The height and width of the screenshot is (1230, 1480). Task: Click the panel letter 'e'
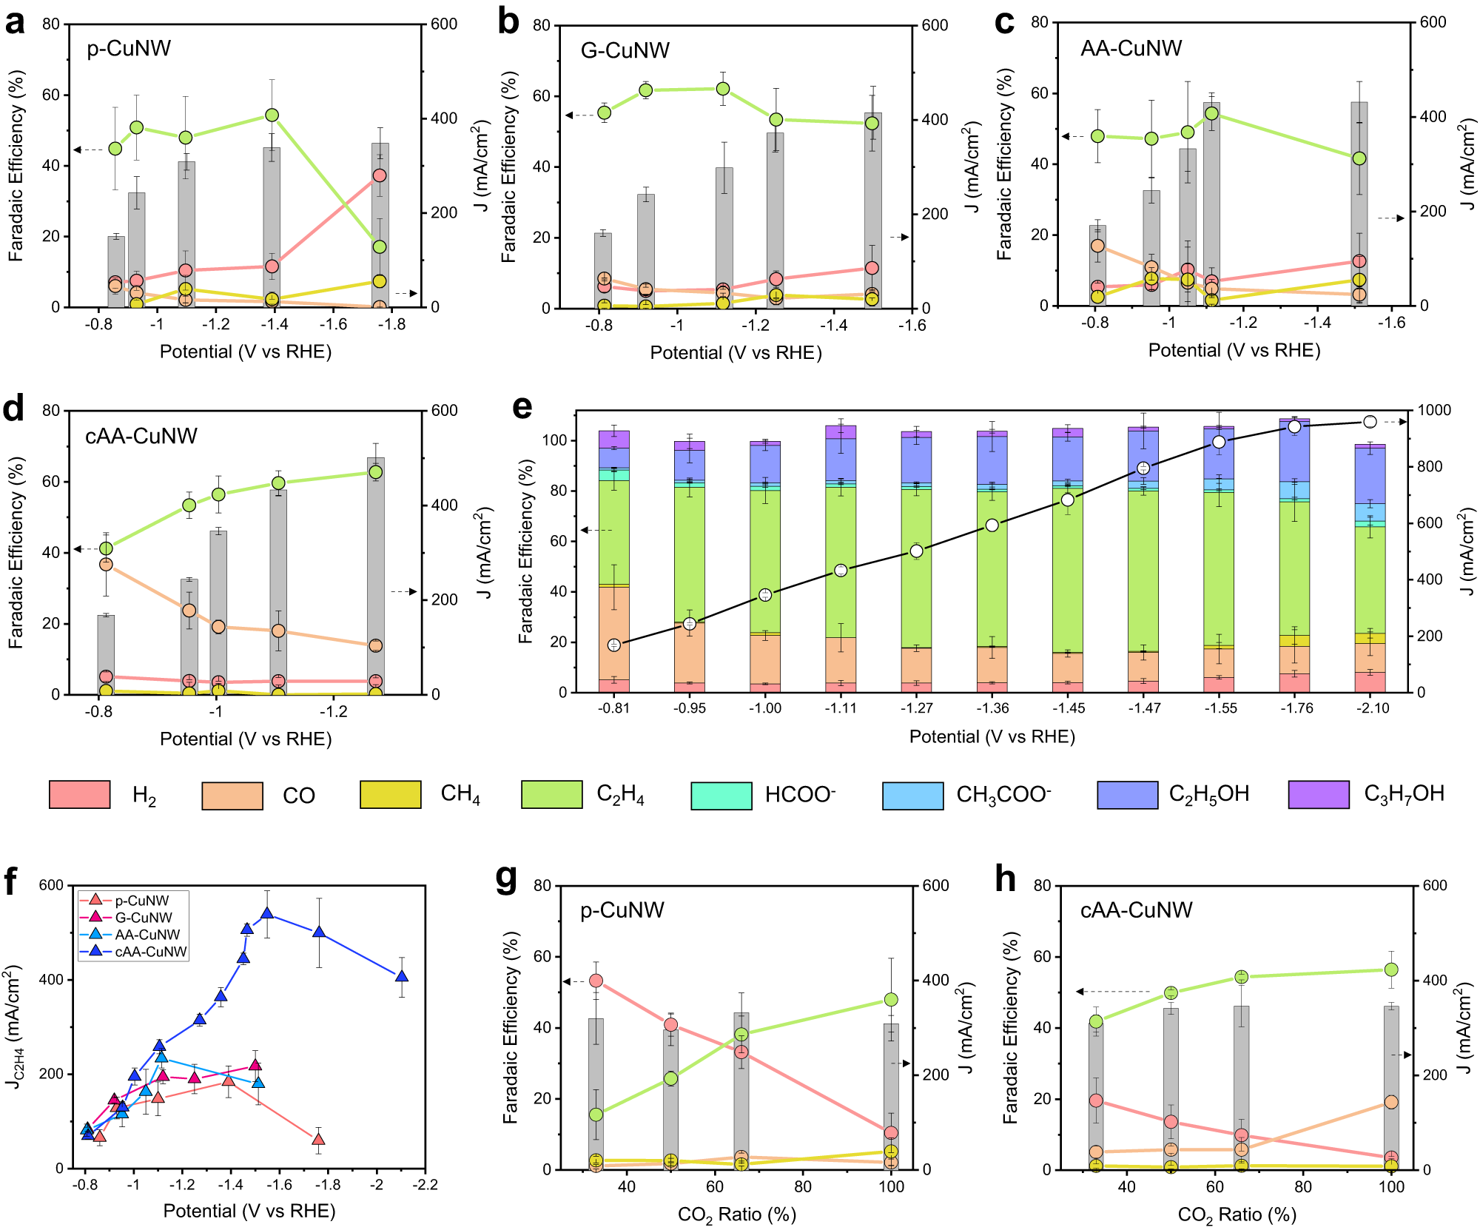pyautogui.click(x=522, y=408)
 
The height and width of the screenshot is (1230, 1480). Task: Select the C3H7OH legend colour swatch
pyautogui.click(x=1319, y=794)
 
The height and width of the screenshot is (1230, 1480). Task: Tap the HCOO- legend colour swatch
pyautogui.click(x=721, y=795)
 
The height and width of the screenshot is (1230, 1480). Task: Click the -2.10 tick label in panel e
pyautogui.click(x=1373, y=708)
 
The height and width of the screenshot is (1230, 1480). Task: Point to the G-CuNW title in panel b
pyautogui.click(x=625, y=50)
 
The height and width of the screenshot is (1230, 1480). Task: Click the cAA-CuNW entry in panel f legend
pyautogui.click(x=151, y=952)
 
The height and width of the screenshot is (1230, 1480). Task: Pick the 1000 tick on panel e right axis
pyautogui.click(x=1434, y=410)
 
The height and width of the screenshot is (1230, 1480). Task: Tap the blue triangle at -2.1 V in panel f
pyautogui.click(x=402, y=976)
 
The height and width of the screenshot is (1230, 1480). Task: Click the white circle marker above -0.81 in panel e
pyautogui.click(x=613, y=645)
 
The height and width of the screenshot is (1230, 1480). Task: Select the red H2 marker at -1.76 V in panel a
pyautogui.click(x=380, y=175)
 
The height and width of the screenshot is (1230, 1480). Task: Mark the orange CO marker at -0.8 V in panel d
pyautogui.click(x=106, y=564)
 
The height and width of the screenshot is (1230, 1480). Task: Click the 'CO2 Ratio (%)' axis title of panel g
pyautogui.click(x=736, y=1214)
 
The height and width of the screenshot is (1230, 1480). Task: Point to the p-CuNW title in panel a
pyautogui.click(x=129, y=49)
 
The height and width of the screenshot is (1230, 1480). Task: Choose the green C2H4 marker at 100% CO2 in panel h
pyautogui.click(x=1391, y=969)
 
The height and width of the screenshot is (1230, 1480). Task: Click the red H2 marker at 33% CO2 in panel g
pyautogui.click(x=596, y=981)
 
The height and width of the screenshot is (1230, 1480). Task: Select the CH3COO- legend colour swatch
pyautogui.click(x=912, y=795)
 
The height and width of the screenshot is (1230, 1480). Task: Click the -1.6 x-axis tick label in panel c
pyautogui.click(x=1390, y=323)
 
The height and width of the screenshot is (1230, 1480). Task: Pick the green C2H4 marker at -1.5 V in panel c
pyautogui.click(x=1359, y=158)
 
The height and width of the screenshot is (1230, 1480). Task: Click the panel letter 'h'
pyautogui.click(x=1005, y=880)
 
